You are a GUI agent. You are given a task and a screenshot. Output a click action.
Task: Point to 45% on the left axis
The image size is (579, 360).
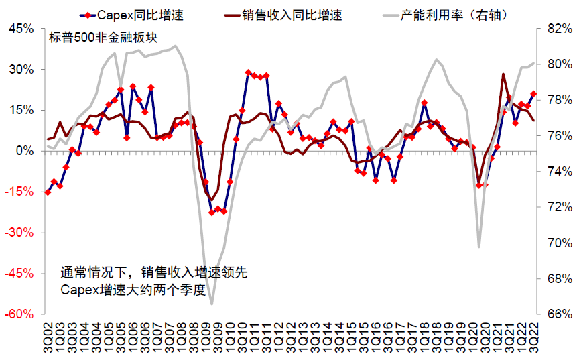coord(19,29)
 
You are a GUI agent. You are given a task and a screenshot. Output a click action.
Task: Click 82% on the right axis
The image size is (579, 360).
coord(560,29)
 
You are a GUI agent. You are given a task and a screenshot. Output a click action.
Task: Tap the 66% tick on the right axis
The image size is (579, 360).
coord(560,314)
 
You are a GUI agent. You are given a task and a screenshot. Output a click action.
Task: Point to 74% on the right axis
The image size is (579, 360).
coord(560,172)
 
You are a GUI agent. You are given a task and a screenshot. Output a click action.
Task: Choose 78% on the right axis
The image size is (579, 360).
coord(560,101)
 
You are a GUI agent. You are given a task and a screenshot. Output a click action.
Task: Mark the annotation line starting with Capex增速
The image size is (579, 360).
coord(137,290)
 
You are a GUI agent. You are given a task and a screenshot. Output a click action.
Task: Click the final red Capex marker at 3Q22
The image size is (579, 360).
coord(533,94)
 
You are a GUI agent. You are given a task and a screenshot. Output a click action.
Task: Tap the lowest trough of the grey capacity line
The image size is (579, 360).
coord(212,304)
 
